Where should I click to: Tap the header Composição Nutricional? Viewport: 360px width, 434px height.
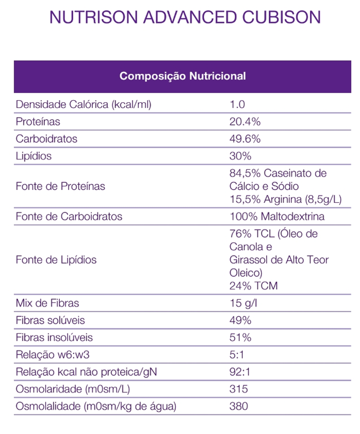(x=183, y=76)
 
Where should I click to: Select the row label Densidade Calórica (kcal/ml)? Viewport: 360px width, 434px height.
(x=84, y=105)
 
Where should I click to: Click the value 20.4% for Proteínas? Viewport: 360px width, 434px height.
(x=245, y=122)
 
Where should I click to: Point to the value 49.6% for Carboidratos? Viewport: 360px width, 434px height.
(x=245, y=139)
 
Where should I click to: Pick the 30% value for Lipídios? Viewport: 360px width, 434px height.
(x=240, y=156)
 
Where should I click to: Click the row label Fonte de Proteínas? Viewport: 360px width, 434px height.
(x=60, y=186)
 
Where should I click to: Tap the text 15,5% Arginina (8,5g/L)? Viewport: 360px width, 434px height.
(x=286, y=199)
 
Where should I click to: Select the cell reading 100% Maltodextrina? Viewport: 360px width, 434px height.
(x=277, y=216)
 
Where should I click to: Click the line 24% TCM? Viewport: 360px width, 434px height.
(x=253, y=285)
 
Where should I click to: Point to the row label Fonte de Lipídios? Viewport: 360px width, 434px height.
(x=56, y=260)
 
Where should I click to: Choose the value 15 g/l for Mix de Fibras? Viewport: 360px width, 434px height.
(x=243, y=303)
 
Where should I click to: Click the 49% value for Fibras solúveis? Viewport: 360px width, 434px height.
(x=240, y=320)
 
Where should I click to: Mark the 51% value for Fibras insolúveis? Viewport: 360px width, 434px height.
(x=240, y=337)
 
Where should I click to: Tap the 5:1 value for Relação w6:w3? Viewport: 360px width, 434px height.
(x=237, y=355)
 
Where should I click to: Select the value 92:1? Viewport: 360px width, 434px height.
(x=240, y=372)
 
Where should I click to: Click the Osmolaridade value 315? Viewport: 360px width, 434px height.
(x=238, y=389)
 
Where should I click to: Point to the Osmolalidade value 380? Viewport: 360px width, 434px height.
(x=238, y=406)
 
